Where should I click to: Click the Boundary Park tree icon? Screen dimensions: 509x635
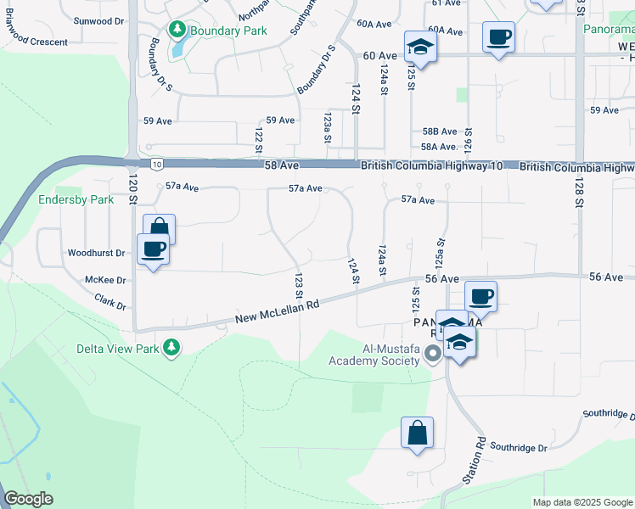click(x=177, y=31)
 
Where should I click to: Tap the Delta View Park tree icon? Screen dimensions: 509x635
click(x=171, y=348)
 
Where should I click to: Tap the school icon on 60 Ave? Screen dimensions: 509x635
click(x=420, y=47)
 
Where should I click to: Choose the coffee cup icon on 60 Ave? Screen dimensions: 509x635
click(x=498, y=38)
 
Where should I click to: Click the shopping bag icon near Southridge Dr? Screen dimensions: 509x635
click(x=417, y=433)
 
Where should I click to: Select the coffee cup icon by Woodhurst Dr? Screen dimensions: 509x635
click(x=153, y=249)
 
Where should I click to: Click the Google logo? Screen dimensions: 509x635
click(x=29, y=499)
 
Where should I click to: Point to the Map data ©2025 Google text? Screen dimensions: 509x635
click(x=582, y=502)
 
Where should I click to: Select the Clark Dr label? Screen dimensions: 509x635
click(x=110, y=301)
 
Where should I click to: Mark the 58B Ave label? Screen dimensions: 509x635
click(x=440, y=131)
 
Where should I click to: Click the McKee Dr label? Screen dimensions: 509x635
click(x=104, y=279)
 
